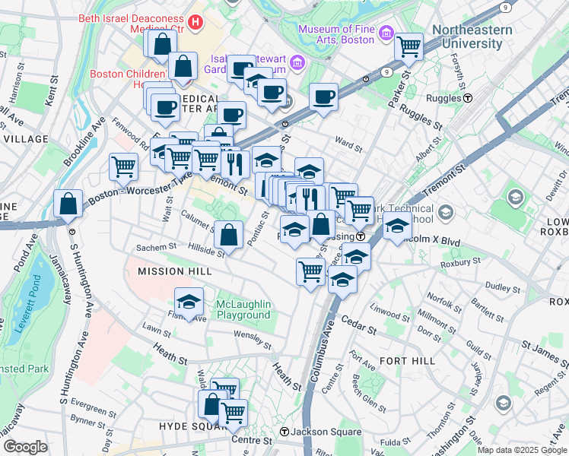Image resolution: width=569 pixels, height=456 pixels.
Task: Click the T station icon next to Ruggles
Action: (469, 97)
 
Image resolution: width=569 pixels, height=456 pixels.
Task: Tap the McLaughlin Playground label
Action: (243, 309)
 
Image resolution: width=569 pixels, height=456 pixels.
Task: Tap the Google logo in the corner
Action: (25, 446)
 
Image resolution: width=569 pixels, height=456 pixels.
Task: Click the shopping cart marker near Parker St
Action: (409, 47)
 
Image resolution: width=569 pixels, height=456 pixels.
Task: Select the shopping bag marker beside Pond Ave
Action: (68, 204)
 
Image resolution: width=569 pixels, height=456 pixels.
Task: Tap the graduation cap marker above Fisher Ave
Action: (189, 301)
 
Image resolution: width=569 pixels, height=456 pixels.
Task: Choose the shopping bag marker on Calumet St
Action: (229, 235)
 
